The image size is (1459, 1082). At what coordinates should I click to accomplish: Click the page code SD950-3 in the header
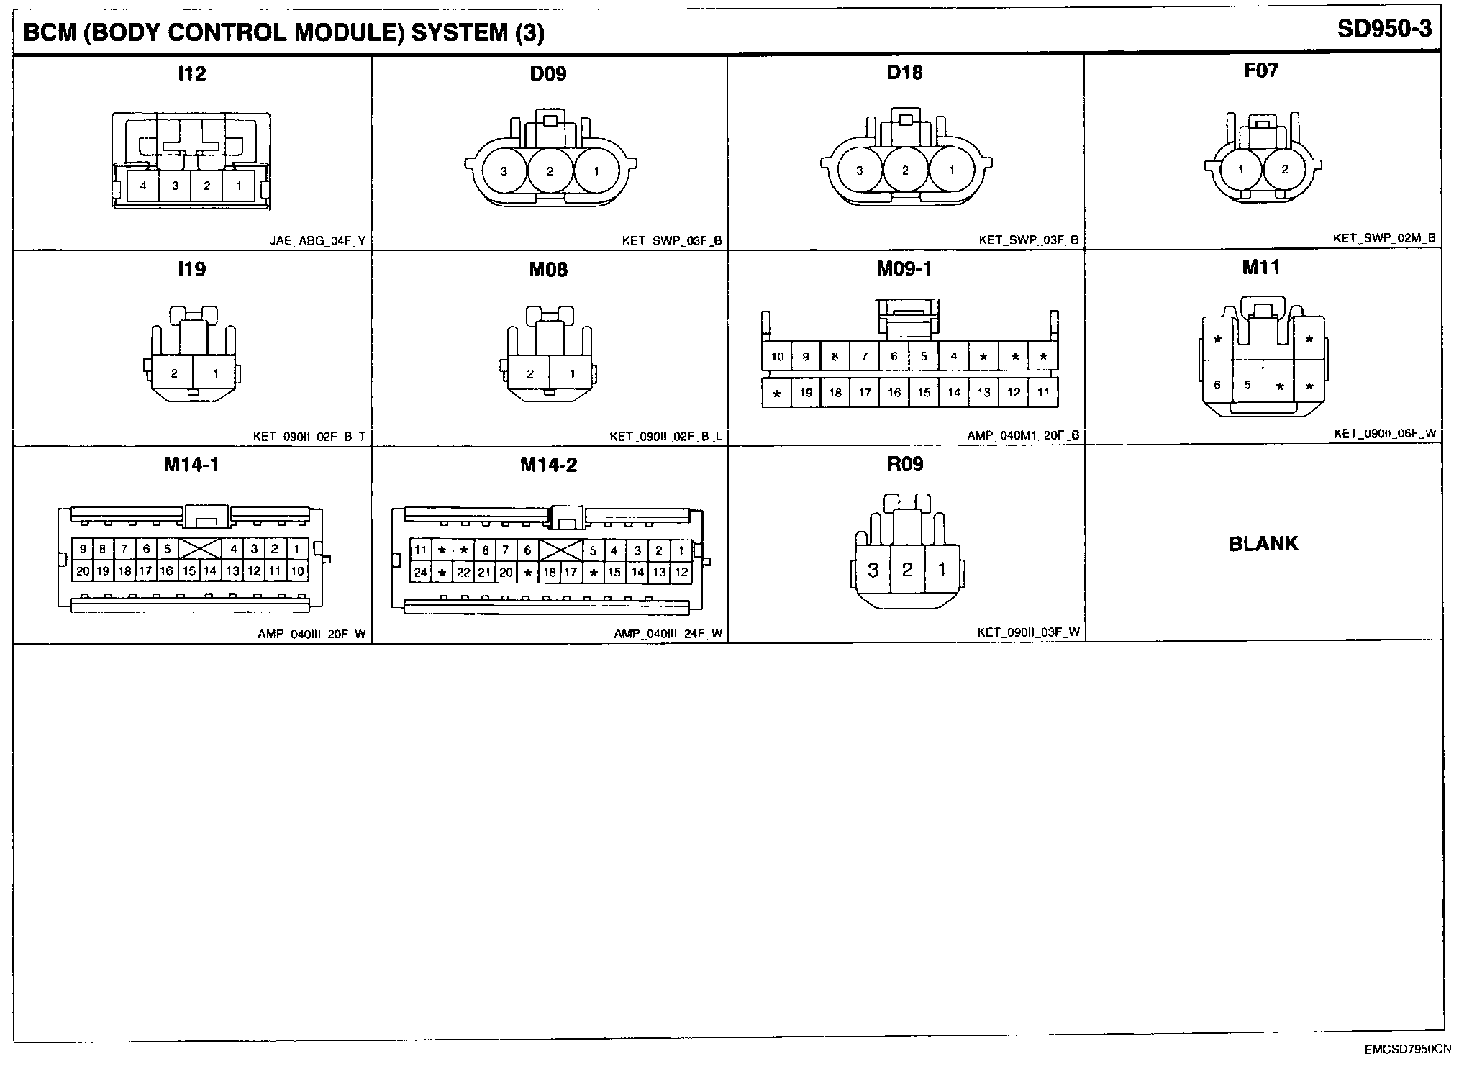point(1384,29)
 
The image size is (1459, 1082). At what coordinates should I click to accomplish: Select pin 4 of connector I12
point(143,186)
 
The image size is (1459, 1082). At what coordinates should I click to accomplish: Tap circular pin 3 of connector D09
point(504,171)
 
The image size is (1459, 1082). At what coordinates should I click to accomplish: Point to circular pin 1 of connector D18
point(951,171)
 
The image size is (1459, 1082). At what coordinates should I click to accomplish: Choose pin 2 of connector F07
point(1285,170)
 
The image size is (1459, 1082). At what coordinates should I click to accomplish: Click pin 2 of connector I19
point(174,373)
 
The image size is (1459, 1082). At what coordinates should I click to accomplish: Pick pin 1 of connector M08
point(572,373)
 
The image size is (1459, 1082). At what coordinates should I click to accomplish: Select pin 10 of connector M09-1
point(777,356)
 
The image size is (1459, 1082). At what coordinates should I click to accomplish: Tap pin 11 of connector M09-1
point(1042,392)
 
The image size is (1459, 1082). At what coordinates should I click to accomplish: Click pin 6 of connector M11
point(1217,385)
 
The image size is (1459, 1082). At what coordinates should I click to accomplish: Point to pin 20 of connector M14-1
point(83,570)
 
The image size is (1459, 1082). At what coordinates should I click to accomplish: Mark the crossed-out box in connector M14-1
point(200,549)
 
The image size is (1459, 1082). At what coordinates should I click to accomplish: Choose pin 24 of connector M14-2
point(420,573)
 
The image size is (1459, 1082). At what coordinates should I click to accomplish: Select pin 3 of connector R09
point(872,570)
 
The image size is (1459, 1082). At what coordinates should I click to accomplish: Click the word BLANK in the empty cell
point(1263,543)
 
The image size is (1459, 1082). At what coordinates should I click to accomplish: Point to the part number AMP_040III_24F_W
point(668,634)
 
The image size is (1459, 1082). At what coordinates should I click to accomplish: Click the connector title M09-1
point(904,268)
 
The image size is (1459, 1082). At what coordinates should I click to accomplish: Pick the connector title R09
point(905,464)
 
